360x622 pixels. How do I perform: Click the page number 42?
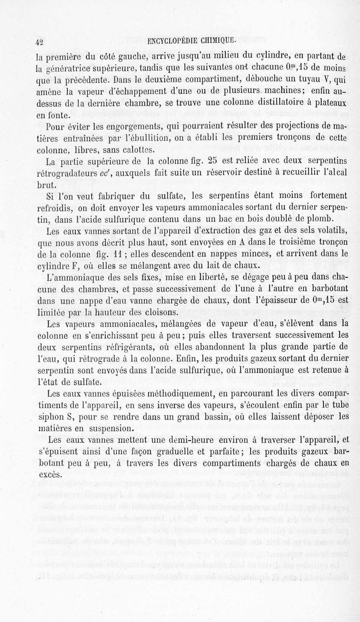[39, 43]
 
